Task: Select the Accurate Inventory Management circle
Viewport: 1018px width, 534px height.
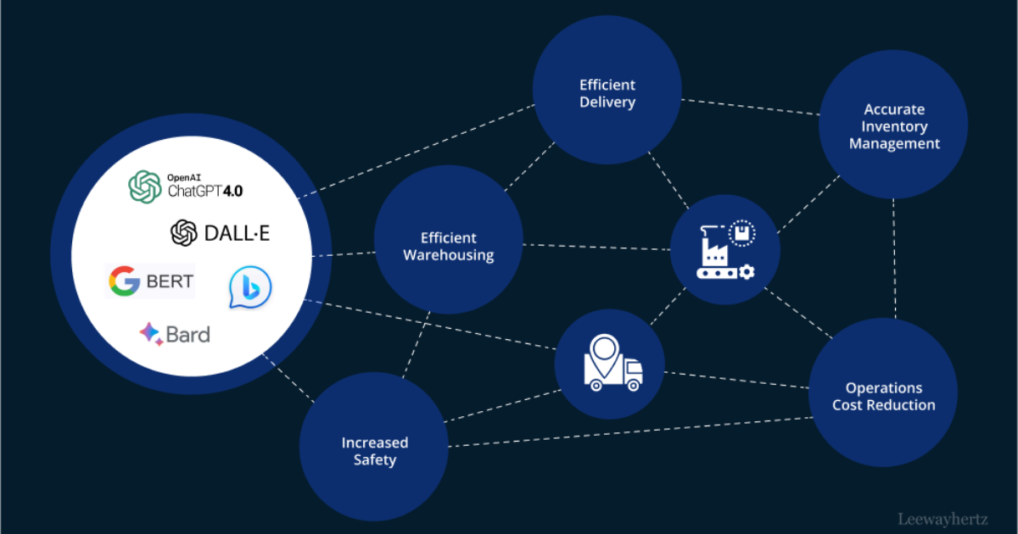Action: click(x=893, y=125)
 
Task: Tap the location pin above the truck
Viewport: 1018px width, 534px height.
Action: click(x=604, y=349)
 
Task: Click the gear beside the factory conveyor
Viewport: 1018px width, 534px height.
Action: click(x=747, y=271)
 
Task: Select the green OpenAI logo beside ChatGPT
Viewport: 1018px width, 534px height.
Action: click(x=145, y=186)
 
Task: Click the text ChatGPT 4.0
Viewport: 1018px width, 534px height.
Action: click(x=204, y=191)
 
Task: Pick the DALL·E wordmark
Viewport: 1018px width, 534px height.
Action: click(x=237, y=232)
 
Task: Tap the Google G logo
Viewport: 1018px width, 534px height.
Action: click(x=124, y=281)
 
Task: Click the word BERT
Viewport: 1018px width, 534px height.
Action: click(x=170, y=281)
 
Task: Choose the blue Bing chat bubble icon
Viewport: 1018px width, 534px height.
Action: click(x=250, y=287)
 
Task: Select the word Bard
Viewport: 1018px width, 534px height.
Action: click(x=187, y=335)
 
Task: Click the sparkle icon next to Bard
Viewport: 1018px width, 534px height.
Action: click(x=151, y=334)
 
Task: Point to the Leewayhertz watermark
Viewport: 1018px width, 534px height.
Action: click(x=942, y=518)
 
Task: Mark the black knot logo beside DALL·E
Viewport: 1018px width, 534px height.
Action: click(x=184, y=232)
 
